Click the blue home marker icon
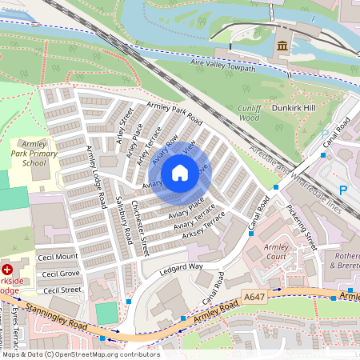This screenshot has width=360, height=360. point(180,173)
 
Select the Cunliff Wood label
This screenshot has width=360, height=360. point(250,112)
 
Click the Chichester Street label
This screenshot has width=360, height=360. point(140,228)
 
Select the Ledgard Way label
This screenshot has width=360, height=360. point(180,266)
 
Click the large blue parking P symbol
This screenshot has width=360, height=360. point(343,190)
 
